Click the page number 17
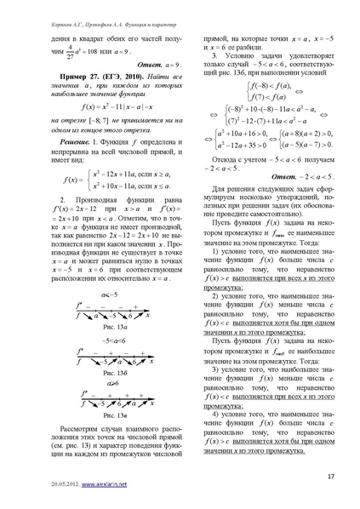tap(329, 475)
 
